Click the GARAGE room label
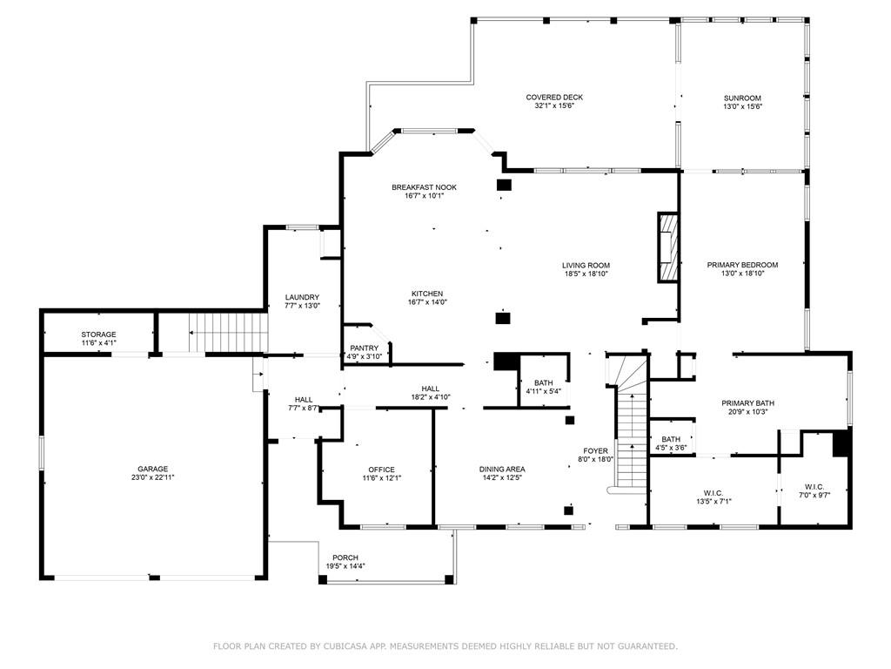[152, 470]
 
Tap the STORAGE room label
[98, 334]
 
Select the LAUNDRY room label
[302, 297]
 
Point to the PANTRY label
[365, 348]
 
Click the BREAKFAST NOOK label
[424, 187]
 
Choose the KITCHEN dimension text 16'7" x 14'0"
[427, 302]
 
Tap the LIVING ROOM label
[586, 265]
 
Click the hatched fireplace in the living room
[669, 247]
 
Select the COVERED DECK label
[554, 98]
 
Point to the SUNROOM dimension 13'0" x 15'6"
[742, 106]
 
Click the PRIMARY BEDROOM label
[742, 265]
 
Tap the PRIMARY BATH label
[747, 403]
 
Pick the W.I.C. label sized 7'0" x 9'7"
[814, 487]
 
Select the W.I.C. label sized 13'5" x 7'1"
[713, 493]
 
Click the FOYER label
[595, 451]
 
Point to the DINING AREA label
[502, 470]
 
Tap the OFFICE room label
[381, 470]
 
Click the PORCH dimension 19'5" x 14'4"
[345, 566]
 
